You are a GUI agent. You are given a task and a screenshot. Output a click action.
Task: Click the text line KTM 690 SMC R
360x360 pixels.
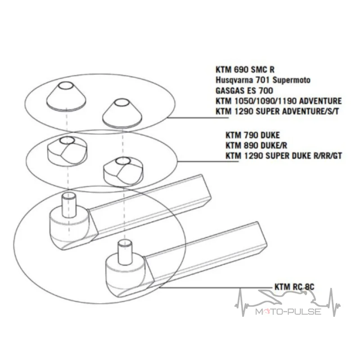tap(245, 69)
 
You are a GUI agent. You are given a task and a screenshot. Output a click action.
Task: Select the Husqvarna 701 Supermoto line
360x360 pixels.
tap(263, 80)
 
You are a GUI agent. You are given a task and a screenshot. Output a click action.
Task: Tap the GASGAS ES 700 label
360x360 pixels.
tap(244, 90)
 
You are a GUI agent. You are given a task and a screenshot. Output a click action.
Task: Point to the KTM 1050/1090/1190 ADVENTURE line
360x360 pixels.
tap(279, 101)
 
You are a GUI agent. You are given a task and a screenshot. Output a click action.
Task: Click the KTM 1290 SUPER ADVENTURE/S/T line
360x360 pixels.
tap(277, 111)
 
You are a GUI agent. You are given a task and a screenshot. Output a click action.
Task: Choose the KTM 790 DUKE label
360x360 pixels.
tap(252, 135)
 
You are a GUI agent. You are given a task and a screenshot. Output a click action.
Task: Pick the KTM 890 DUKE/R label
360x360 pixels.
tap(256, 145)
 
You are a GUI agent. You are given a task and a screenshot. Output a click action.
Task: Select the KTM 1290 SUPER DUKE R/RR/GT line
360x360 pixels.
tap(284, 156)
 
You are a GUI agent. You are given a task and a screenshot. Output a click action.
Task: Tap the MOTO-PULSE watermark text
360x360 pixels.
tap(288, 312)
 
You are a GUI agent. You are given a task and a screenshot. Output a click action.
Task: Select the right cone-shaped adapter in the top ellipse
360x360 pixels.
tap(122, 112)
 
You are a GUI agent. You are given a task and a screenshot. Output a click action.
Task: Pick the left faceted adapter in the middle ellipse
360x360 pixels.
tap(67, 149)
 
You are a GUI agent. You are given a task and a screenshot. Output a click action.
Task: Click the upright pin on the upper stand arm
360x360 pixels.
tap(69, 205)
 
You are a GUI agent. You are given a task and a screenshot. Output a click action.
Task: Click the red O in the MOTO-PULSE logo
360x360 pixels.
tap(267, 312)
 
